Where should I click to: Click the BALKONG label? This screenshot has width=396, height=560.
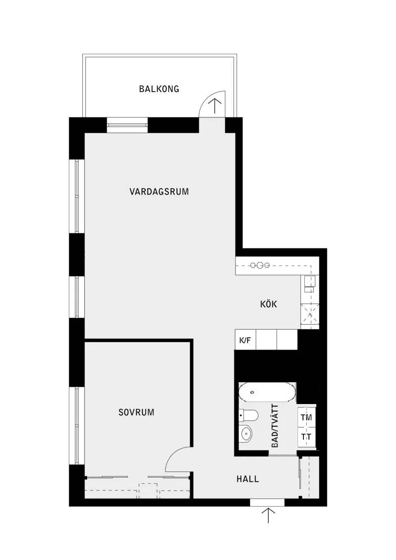(x=159, y=89)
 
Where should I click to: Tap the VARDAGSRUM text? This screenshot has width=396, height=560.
(x=159, y=192)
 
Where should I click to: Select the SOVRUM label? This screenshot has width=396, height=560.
(x=137, y=412)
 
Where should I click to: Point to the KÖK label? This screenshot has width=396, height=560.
(x=268, y=305)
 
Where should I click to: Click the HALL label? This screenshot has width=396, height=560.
(x=247, y=479)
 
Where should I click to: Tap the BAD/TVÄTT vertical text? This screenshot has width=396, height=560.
(x=275, y=426)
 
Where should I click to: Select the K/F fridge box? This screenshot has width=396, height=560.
(x=246, y=340)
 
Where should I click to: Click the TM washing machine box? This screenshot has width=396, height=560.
(x=306, y=417)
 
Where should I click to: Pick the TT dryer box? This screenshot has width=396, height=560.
(x=306, y=437)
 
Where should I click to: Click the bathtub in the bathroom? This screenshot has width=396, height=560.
(x=267, y=392)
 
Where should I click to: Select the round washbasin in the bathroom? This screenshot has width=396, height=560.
(x=246, y=434)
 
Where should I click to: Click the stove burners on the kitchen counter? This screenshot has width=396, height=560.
(x=259, y=265)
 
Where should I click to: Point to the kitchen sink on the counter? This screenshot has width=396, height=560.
(x=309, y=284)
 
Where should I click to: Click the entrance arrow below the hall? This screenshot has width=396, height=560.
(x=268, y=516)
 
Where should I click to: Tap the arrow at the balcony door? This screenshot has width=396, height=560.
(x=215, y=106)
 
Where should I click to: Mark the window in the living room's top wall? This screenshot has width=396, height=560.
(x=128, y=125)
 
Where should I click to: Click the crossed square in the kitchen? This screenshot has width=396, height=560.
(x=309, y=315)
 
